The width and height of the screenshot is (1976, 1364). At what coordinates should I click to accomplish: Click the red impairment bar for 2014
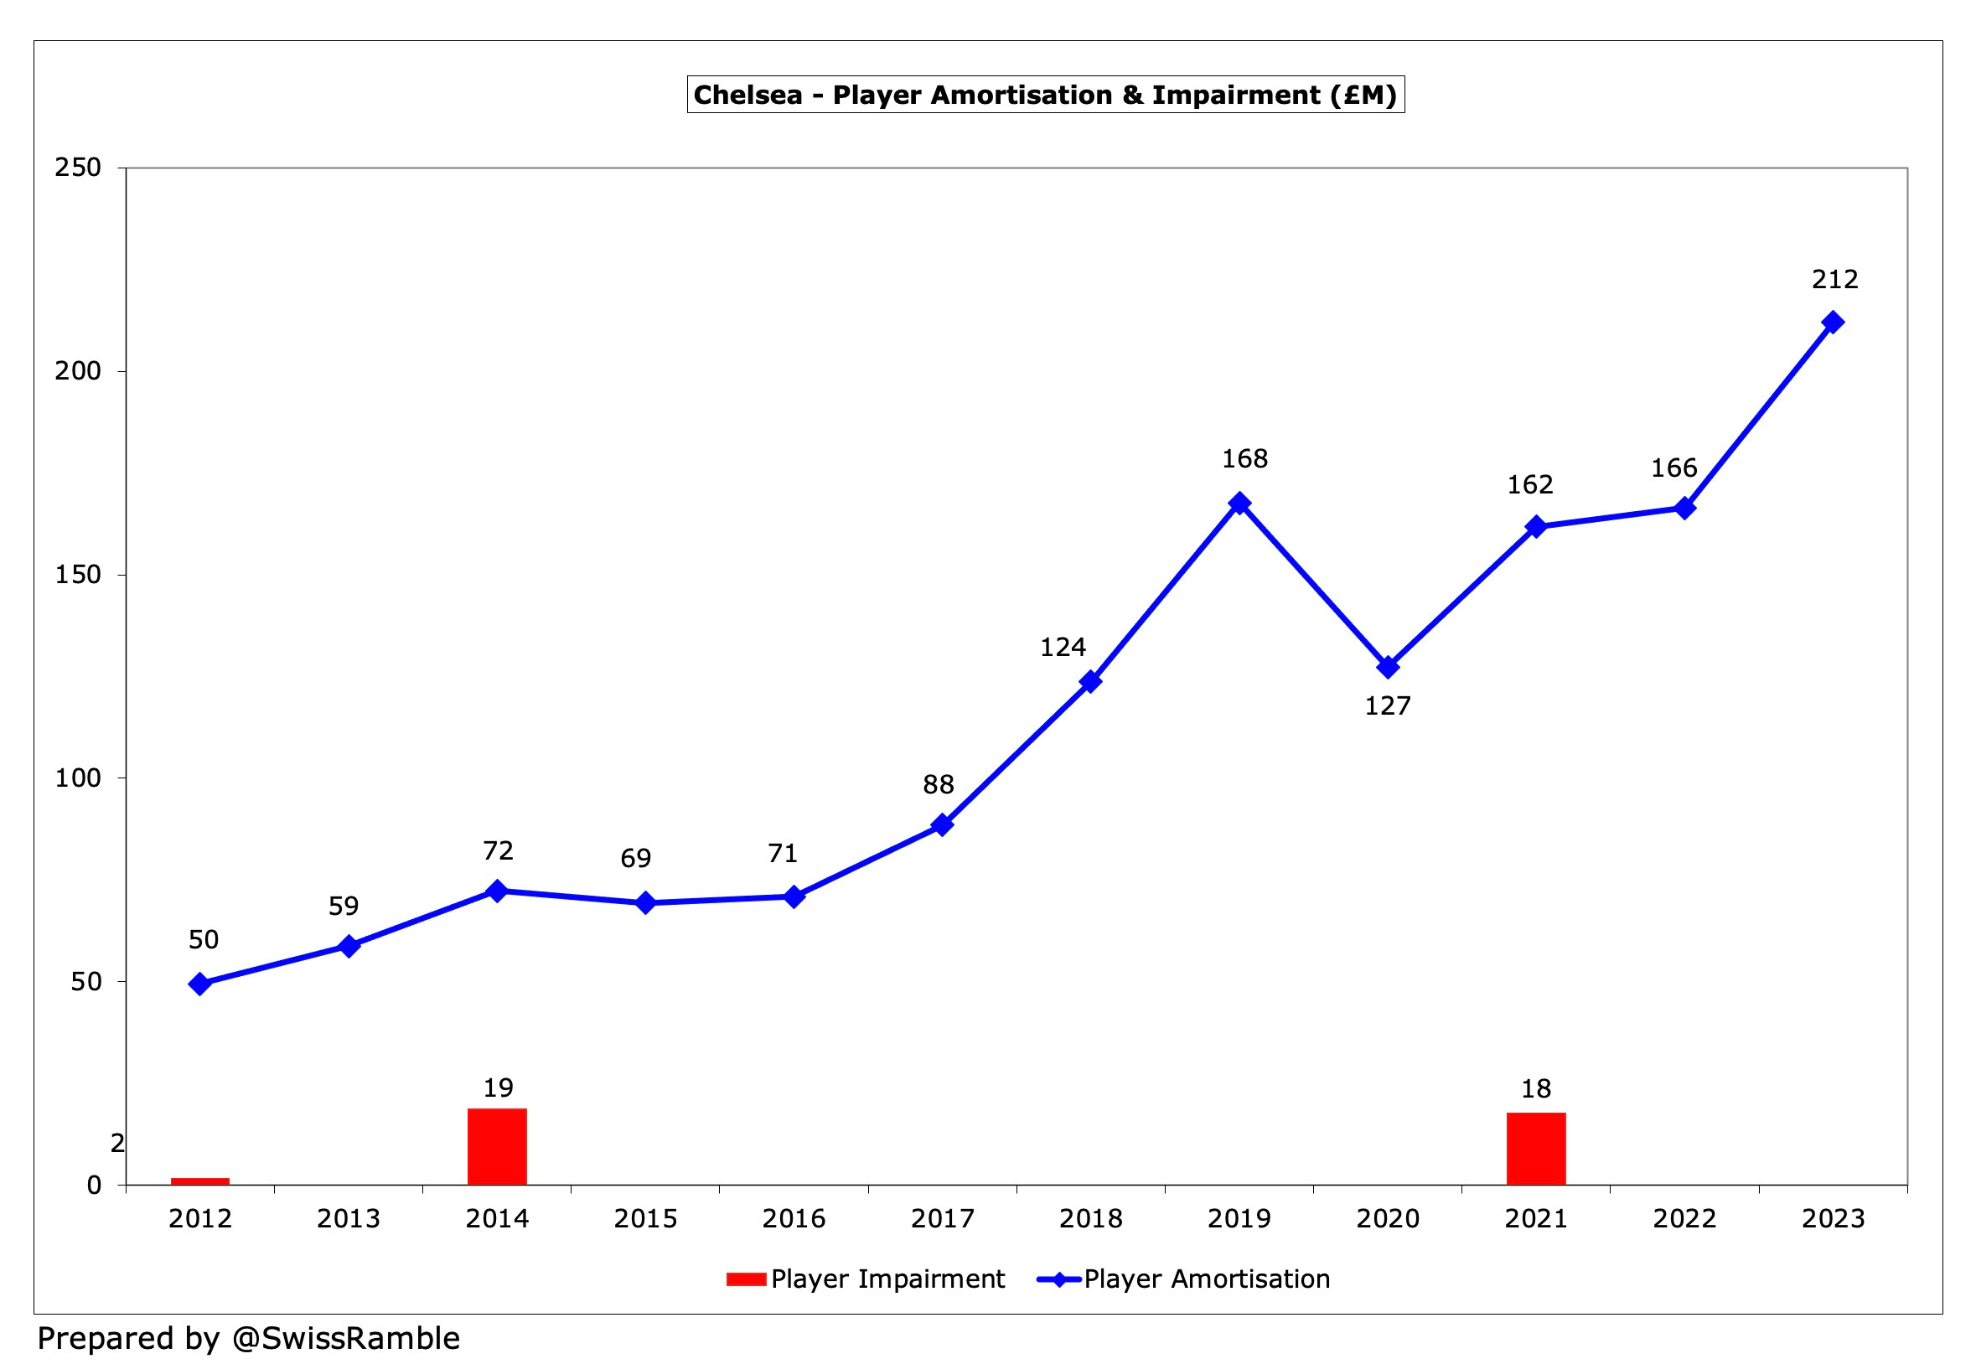pos(497,1146)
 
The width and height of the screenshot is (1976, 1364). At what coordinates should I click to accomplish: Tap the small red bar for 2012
pos(200,1181)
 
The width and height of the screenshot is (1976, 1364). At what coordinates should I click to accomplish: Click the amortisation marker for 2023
pos(1833,323)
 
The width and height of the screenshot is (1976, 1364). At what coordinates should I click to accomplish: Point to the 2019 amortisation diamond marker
pos(1239,503)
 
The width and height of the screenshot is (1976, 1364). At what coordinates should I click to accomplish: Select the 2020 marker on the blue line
pos(1388,667)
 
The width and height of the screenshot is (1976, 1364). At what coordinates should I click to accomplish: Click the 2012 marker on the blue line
pos(200,984)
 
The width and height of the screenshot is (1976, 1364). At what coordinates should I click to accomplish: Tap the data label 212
pos(1834,280)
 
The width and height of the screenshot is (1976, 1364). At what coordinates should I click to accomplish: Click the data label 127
pos(1387,706)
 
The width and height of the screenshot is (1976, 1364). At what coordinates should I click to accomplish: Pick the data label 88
pos(938,784)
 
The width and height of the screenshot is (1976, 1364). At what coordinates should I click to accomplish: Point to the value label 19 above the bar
pos(498,1088)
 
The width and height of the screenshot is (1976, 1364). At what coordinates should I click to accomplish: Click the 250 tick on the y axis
pos(78,168)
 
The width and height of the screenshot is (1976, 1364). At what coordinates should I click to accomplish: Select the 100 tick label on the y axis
pos(78,778)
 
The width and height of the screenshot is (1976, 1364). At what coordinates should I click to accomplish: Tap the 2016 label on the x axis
pos(793,1218)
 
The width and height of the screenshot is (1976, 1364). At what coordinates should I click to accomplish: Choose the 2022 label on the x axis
pos(1684,1218)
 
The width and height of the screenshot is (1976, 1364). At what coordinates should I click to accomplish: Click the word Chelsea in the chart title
pos(747,95)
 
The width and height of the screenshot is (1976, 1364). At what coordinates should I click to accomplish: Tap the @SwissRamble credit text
pos(345,1337)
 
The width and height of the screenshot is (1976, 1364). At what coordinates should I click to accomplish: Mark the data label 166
pos(1673,468)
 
